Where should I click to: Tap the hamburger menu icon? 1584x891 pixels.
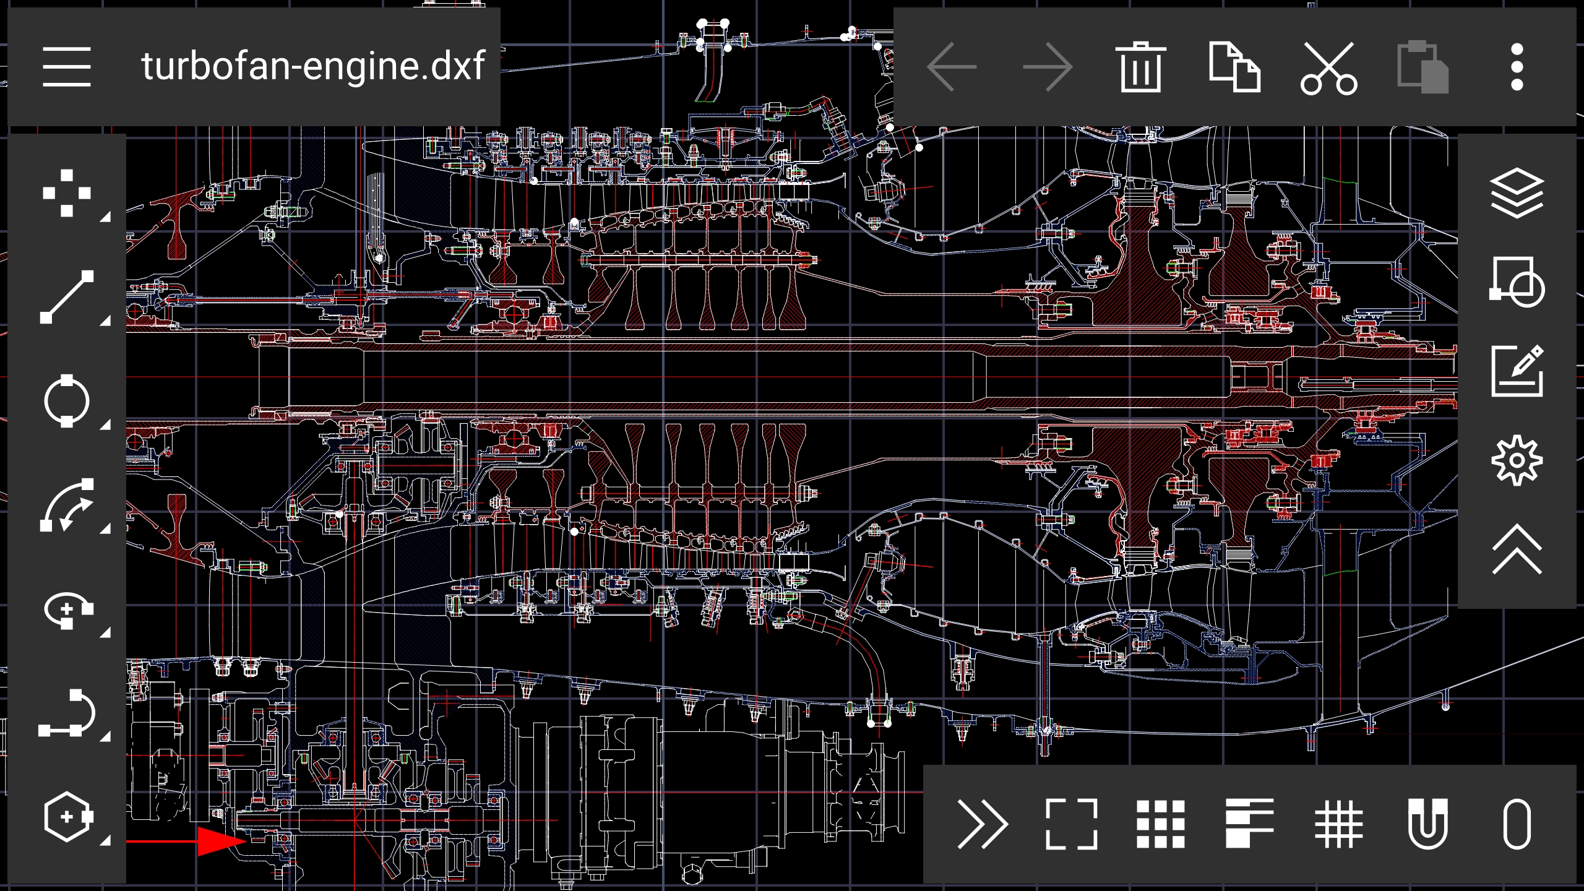[x=67, y=66]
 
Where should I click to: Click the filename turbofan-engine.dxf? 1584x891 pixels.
[x=312, y=66]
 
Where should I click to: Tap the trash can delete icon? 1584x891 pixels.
[x=1140, y=67]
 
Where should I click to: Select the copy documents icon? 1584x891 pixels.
[x=1234, y=67]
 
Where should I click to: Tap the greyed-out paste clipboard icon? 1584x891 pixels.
[x=1423, y=67]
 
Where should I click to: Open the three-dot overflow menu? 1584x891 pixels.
[x=1517, y=67]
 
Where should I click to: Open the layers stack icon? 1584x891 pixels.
[x=1517, y=193]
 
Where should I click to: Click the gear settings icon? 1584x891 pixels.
[x=1517, y=460]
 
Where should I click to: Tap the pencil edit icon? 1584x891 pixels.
[x=1517, y=371]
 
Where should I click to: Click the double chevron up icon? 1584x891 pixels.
[x=1517, y=549]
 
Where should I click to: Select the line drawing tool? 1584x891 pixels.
[x=67, y=297]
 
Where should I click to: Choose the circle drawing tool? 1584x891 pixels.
[x=67, y=401]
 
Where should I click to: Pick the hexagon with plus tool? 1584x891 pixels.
[x=67, y=817]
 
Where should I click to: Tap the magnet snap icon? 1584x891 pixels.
[x=1427, y=824]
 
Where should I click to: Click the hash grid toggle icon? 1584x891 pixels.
[x=1338, y=824]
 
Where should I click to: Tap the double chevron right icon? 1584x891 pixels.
[x=982, y=824]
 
